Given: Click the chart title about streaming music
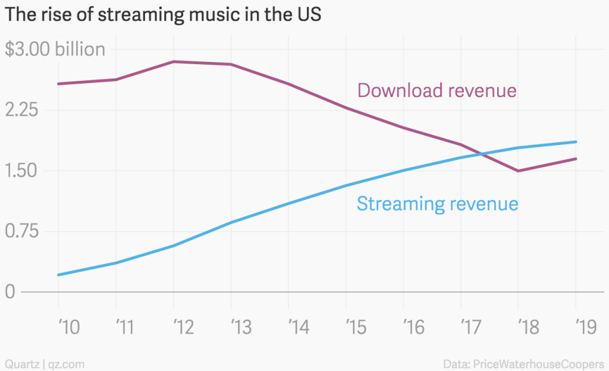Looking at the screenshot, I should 163,15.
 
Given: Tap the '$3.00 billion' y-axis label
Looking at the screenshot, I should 55,49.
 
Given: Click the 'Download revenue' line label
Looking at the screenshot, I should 437,90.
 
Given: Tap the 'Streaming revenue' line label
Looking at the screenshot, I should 437,204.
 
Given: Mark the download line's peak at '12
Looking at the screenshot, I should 174,61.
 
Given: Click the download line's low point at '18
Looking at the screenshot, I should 518,171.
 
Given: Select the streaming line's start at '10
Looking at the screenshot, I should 59,275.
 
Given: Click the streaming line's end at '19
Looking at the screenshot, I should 576,142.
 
